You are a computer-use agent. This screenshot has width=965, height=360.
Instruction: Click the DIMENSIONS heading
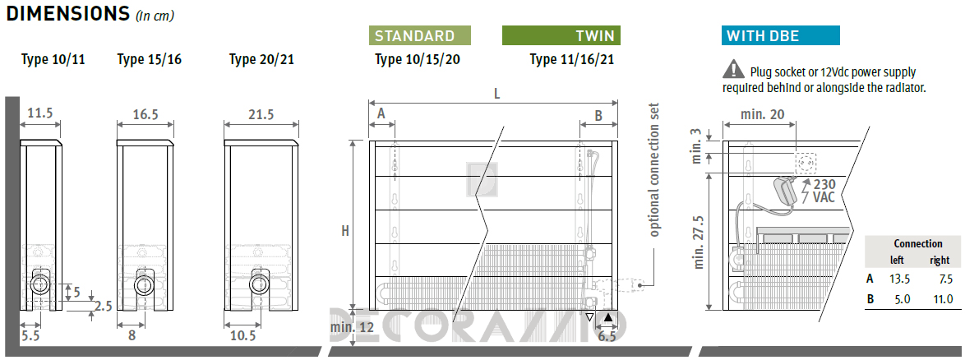(67, 12)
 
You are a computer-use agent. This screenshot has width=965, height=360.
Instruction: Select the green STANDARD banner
(420, 35)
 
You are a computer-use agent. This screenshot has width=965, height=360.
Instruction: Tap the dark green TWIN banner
(561, 35)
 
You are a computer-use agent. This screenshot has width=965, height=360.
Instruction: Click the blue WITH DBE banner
(780, 35)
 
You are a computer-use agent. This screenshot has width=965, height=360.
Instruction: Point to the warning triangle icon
(733, 68)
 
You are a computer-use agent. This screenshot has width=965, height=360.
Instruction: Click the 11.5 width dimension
(40, 113)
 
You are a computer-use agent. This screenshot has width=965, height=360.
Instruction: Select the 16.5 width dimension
(145, 113)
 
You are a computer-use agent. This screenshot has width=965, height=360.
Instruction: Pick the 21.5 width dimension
(261, 114)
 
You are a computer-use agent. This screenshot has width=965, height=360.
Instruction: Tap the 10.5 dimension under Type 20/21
(243, 335)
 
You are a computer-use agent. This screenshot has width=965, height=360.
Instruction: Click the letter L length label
(496, 95)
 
